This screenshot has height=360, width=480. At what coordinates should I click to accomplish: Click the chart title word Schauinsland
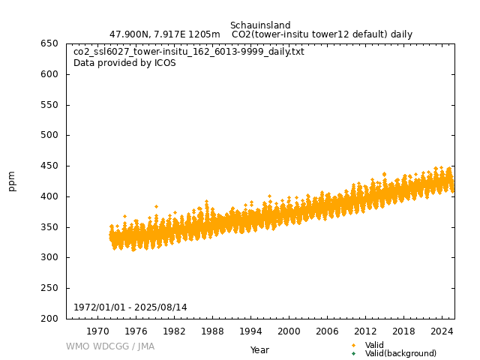tap(260, 25)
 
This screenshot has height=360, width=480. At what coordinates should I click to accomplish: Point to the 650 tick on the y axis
tap(50, 43)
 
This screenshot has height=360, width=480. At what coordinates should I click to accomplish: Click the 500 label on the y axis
tap(50, 136)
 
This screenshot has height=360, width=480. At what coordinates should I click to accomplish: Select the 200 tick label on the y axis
tap(50, 319)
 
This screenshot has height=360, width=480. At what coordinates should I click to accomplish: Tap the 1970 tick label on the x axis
tap(97, 331)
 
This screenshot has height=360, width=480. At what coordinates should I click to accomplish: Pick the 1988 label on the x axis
tap(212, 331)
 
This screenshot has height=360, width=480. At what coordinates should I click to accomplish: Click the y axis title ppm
tap(12, 181)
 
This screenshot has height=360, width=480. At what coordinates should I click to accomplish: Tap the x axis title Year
tap(259, 349)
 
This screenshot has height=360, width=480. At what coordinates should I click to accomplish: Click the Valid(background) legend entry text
tap(400, 353)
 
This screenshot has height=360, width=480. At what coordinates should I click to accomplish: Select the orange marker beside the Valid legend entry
tap(353, 345)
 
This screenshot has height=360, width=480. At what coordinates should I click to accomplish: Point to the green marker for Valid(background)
tap(353, 353)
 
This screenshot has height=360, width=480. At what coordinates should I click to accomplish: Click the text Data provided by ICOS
tap(124, 63)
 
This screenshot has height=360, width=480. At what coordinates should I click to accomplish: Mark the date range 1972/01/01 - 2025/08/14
tap(130, 307)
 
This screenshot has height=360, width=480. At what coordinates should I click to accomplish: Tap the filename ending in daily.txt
tap(189, 52)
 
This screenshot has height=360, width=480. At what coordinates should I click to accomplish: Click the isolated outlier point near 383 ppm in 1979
tap(156, 206)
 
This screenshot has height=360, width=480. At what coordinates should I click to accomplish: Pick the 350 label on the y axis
tap(50, 227)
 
